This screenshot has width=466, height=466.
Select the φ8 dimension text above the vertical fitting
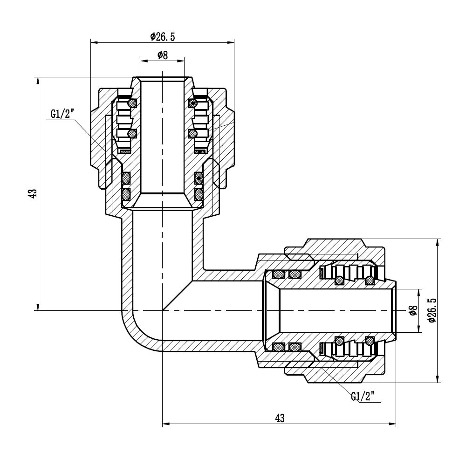(x=162, y=55)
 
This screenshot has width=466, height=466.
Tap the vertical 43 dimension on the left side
(x=32, y=194)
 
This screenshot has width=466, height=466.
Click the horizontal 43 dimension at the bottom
(x=279, y=418)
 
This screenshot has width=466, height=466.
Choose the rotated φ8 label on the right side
(x=411, y=310)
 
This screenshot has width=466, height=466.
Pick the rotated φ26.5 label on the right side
(x=431, y=310)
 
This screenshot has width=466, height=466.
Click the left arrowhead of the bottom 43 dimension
(x=165, y=425)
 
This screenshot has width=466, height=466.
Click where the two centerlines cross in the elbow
(x=162, y=310)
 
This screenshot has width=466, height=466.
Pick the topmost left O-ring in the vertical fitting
(x=132, y=103)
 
